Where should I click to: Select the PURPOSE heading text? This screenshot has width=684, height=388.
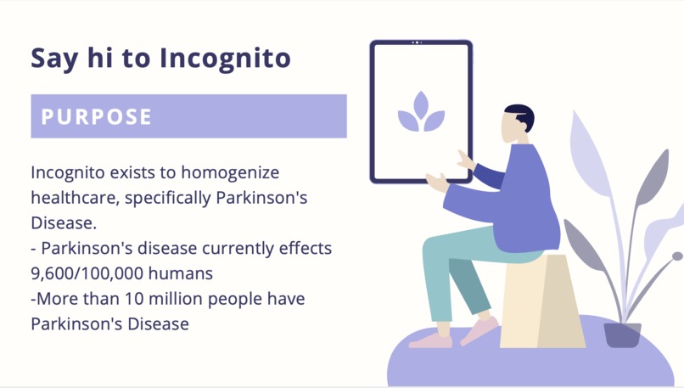tap(97, 116)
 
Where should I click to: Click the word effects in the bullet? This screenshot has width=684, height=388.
tap(303, 249)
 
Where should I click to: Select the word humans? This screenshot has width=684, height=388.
tap(184, 273)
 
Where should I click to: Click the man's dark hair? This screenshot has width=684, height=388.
tap(520, 116)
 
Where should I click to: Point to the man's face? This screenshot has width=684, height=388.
tap(512, 130)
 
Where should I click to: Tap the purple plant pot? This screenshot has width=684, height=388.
tap(622, 335)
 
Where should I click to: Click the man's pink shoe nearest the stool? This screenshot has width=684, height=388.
tap(479, 329)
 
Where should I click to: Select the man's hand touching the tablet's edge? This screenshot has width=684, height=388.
tap(466, 160)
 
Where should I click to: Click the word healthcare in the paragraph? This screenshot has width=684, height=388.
tap(70, 199)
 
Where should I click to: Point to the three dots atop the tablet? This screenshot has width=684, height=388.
tap(418, 42)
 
